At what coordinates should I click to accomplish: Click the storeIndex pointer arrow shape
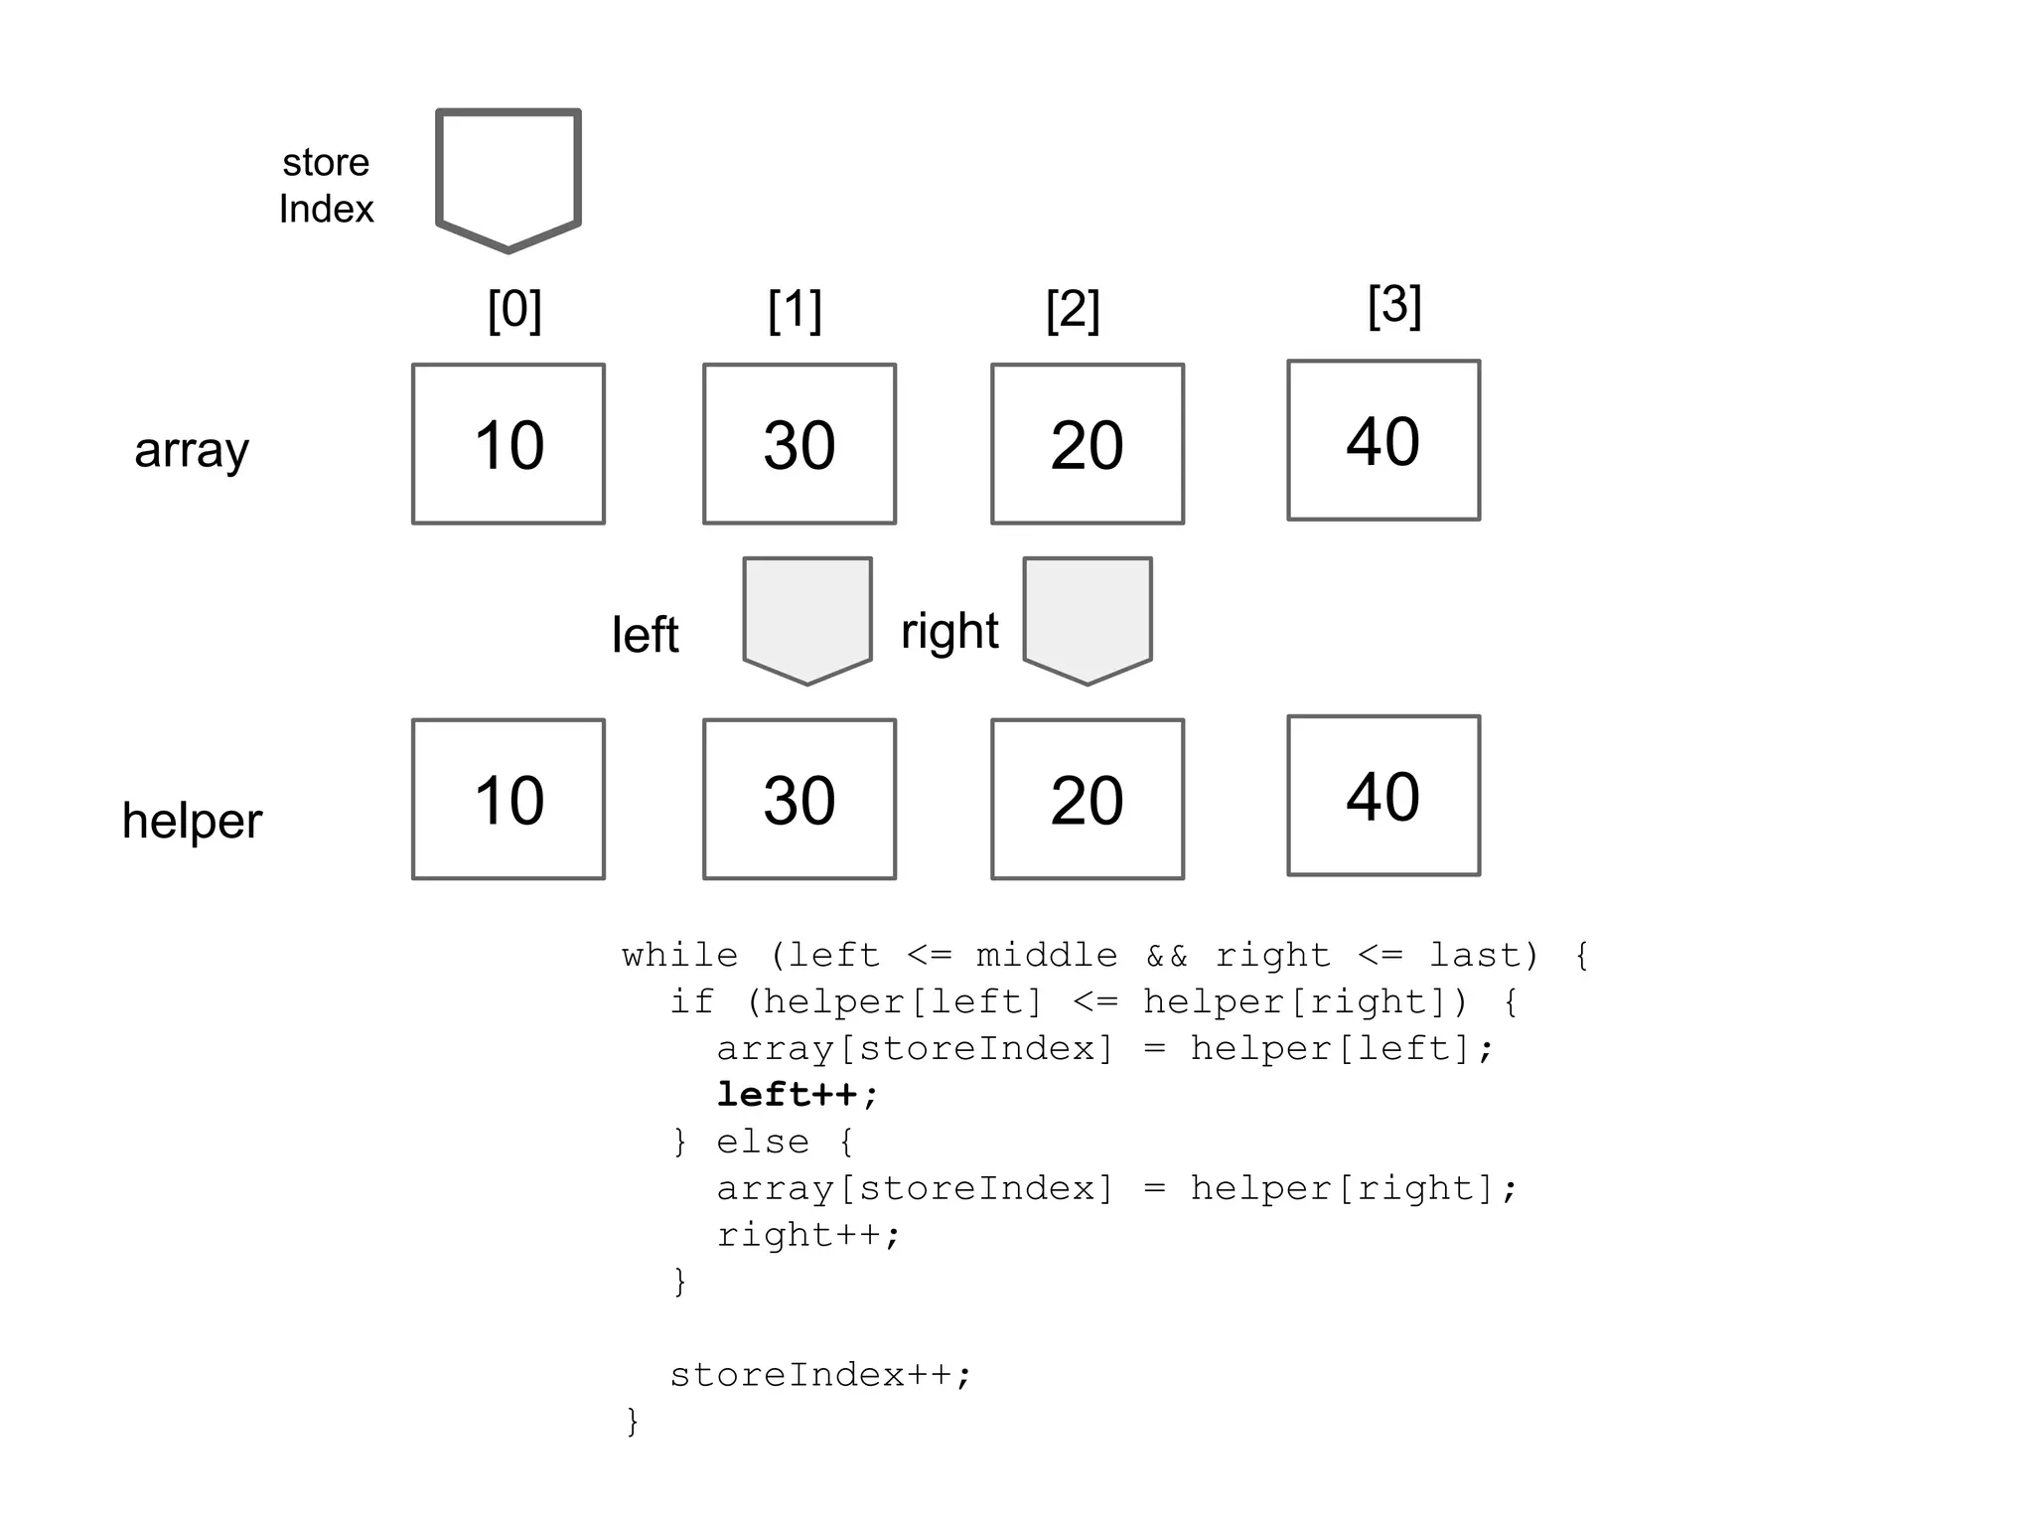(508, 177)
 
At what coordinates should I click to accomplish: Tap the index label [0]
(514, 310)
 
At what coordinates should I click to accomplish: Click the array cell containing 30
(799, 444)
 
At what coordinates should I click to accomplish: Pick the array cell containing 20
(1088, 444)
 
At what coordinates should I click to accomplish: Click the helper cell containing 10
(508, 799)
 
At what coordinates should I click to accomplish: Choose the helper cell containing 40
(1383, 795)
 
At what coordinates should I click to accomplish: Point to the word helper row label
(192, 821)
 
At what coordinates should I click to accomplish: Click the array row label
(192, 449)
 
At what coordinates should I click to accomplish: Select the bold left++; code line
(798, 1095)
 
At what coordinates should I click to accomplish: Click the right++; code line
(808, 1235)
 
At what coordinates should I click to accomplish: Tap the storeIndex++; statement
(820, 1375)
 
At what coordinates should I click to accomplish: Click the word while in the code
(680, 956)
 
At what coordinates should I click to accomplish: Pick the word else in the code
(763, 1142)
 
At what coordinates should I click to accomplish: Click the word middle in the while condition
(1047, 956)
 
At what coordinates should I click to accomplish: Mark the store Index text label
(326, 186)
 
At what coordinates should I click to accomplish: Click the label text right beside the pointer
(949, 631)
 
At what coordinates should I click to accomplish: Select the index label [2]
(1073, 310)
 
